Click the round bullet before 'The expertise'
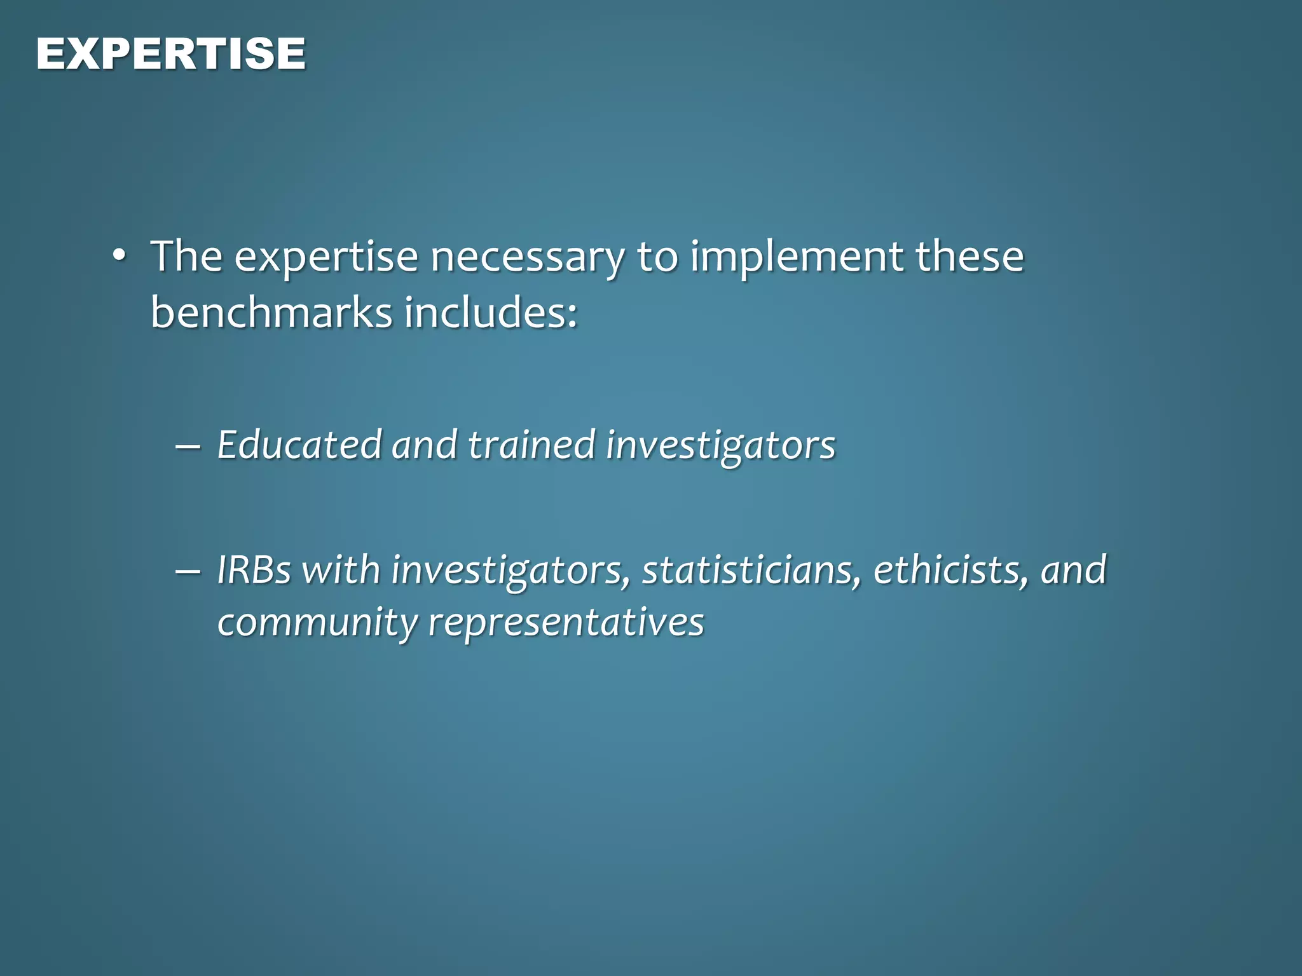point(119,256)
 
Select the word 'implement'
point(797,257)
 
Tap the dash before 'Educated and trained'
point(188,446)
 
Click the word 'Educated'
point(299,445)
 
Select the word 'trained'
point(531,445)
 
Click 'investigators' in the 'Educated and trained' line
point(720,446)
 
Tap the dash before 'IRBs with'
point(188,571)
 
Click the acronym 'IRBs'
point(254,570)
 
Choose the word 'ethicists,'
point(950,570)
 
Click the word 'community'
point(317,623)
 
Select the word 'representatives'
point(566,623)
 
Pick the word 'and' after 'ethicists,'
point(1074,570)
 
